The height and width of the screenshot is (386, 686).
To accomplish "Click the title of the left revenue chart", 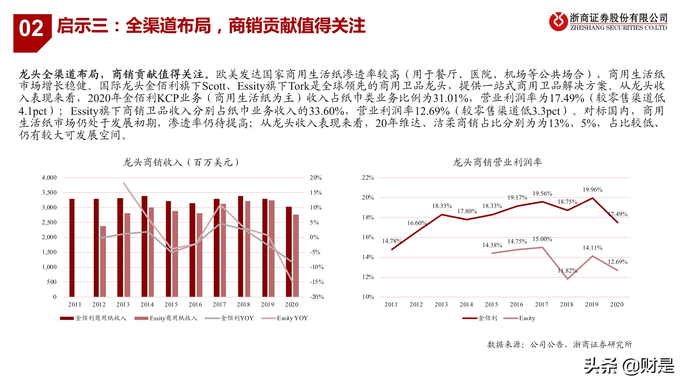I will click(181, 162).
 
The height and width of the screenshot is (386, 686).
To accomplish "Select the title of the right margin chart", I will click(497, 162).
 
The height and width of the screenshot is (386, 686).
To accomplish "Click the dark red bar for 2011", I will click(72, 248).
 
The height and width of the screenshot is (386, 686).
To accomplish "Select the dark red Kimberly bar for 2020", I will click(289, 251).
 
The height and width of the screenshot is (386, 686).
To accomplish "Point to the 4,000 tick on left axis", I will click(49, 178).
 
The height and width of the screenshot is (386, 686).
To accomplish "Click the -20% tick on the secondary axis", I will click(317, 297).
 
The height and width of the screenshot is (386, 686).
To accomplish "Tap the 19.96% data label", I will click(592, 190).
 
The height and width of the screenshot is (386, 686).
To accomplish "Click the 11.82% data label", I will click(567, 271).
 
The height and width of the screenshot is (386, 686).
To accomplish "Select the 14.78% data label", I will click(391, 241).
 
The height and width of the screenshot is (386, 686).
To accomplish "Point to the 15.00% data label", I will click(542, 239).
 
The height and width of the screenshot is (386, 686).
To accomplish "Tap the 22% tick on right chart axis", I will click(368, 178).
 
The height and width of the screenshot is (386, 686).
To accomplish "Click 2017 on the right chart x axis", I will click(541, 304).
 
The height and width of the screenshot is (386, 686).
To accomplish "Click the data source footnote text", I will click(559, 345).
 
